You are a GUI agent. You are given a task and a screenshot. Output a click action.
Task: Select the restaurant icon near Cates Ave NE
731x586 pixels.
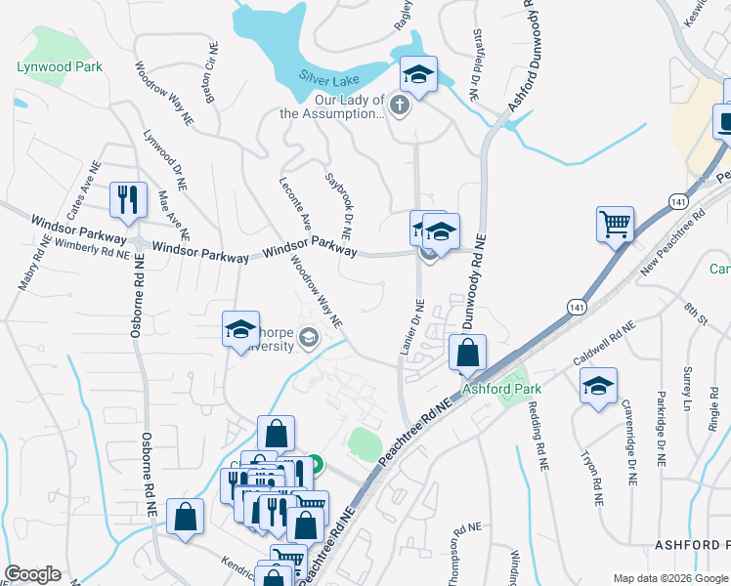click(128, 200)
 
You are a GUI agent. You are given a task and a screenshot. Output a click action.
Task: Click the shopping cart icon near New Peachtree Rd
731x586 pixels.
click(615, 225)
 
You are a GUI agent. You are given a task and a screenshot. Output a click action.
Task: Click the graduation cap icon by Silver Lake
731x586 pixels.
click(418, 75)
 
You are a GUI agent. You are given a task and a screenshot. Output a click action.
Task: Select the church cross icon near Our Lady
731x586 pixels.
click(399, 104)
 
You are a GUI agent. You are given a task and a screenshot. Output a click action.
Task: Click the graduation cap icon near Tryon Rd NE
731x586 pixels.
click(598, 387)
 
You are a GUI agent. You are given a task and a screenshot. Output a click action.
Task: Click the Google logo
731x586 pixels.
click(32, 574)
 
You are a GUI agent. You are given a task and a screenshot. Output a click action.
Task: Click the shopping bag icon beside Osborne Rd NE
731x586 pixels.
click(184, 518)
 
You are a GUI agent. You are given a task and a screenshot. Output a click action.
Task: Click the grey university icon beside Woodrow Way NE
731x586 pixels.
click(309, 339)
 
